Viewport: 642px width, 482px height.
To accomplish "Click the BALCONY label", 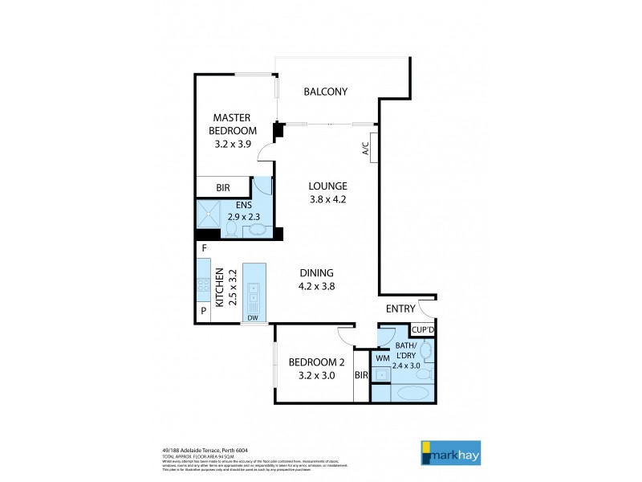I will click(325, 92).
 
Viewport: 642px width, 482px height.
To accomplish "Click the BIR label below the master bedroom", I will click(223, 188).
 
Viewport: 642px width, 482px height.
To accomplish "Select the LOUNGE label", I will click(328, 186).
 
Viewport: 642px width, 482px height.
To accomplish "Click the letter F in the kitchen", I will click(205, 249).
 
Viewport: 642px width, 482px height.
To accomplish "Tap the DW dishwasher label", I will click(253, 318).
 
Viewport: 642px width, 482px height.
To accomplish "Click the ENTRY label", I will click(400, 309).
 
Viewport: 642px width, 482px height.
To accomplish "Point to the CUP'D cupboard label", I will click(422, 329).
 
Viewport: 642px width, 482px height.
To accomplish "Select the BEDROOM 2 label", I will click(315, 362).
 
